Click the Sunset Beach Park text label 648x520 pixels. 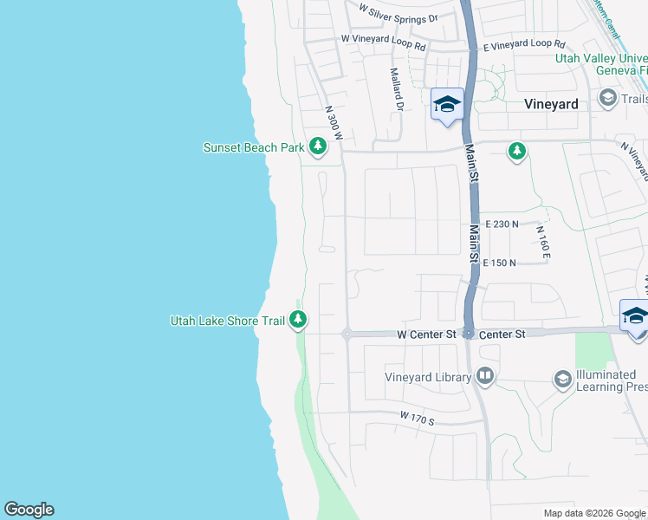[253, 147]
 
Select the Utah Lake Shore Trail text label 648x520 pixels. [227, 321]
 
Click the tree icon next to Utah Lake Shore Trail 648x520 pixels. [298, 320]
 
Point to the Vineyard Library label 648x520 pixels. [429, 377]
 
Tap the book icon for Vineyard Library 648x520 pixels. [485, 376]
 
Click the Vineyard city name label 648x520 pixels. [551, 103]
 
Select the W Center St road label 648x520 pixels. [427, 334]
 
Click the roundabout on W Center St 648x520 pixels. [346, 334]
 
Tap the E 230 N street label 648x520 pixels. [502, 224]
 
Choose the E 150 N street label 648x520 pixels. [499, 263]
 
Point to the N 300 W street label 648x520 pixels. [334, 124]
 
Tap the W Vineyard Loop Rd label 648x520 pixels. [384, 40]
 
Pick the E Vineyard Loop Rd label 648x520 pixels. [524, 43]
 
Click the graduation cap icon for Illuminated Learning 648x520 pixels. [562, 379]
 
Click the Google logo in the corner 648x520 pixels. [29, 510]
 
